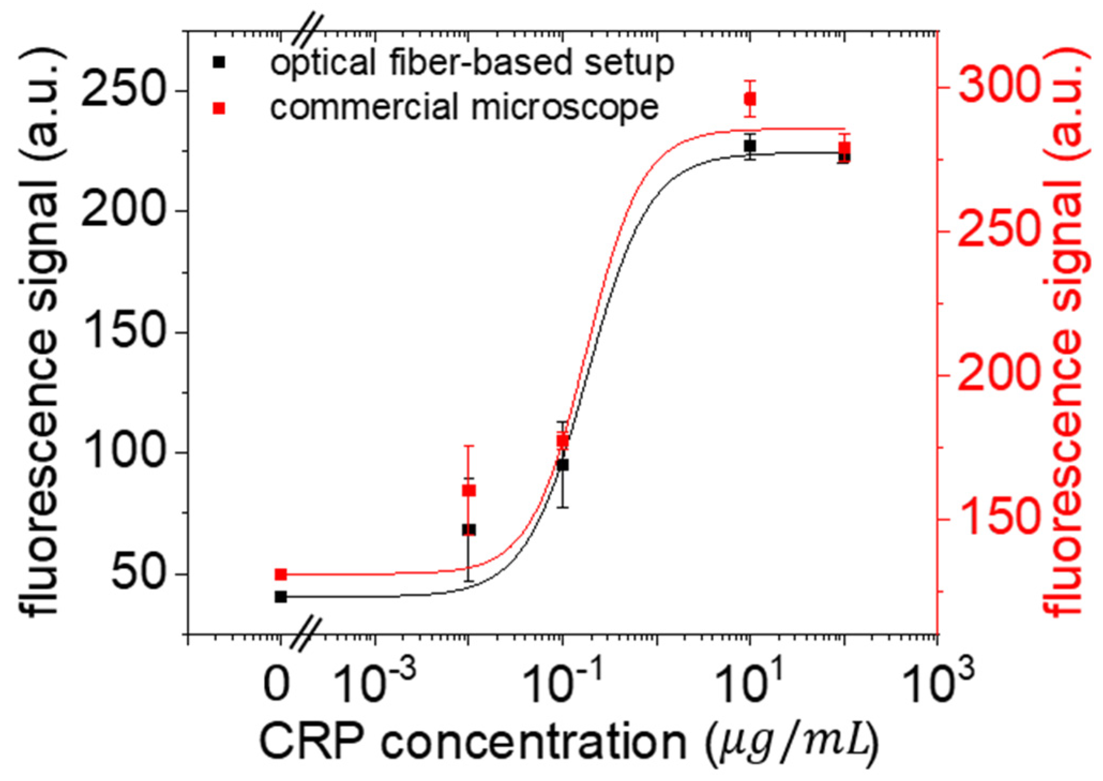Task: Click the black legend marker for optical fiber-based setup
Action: click(x=218, y=62)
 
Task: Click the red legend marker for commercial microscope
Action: click(x=218, y=109)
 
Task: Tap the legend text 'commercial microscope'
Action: click(x=464, y=107)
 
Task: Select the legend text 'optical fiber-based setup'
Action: click(x=471, y=63)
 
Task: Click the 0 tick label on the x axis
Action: click(x=278, y=684)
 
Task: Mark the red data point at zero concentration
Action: click(x=280, y=574)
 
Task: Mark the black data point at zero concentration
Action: click(x=280, y=597)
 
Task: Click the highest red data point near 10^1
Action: click(x=750, y=99)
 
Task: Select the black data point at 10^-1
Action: click(x=562, y=465)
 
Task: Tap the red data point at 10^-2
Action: click(x=468, y=491)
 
